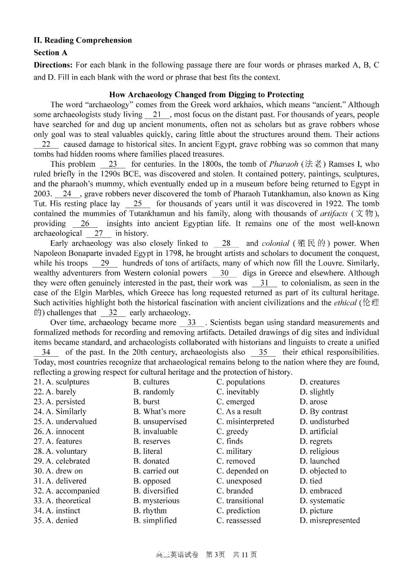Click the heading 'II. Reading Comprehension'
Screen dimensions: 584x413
tap(83, 40)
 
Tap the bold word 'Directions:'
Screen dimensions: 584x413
tap(53, 65)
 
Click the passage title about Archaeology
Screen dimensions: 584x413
tap(206, 95)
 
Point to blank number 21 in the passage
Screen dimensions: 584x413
tap(157, 114)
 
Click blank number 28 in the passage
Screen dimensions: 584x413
tap(226, 243)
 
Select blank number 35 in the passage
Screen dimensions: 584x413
tap(263, 352)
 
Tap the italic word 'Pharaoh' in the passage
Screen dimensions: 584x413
tap(284, 164)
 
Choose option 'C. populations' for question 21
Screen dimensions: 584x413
tap(241, 382)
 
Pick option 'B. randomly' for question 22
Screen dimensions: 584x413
tap(154, 392)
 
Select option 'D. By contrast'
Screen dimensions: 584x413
tap(324, 412)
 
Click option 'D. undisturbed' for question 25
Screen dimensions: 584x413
tap(324, 422)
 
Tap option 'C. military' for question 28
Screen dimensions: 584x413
tap(234, 452)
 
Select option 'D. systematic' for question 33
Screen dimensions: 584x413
tap(322, 501)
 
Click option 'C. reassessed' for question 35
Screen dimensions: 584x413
tap(239, 521)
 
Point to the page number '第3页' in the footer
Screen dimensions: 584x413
tap(215, 555)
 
